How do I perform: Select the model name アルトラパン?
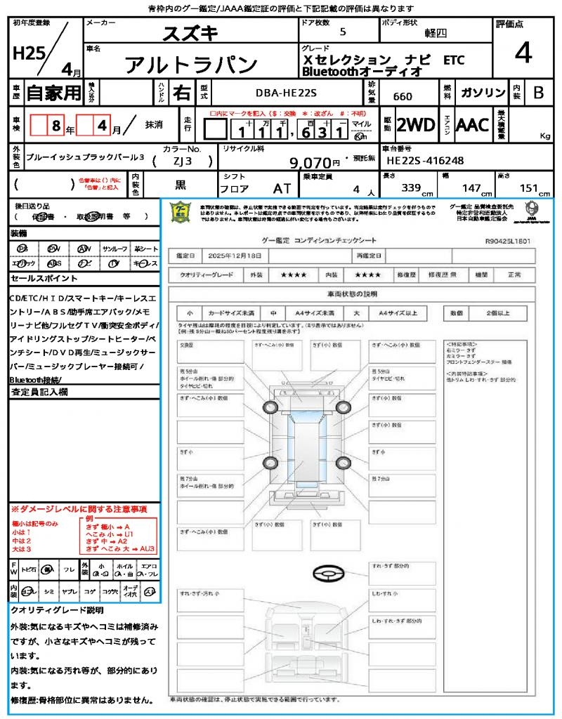pyautogui.click(x=191, y=65)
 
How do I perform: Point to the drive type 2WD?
pyautogui.click(x=415, y=125)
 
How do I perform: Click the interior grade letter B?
pyautogui.click(x=537, y=93)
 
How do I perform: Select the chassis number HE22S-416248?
pyautogui.click(x=425, y=161)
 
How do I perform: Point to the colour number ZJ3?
pyautogui.click(x=182, y=161)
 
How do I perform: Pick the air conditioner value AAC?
pyautogui.click(x=472, y=125)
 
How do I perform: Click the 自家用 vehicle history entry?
pyautogui.click(x=54, y=93)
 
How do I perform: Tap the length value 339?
pyautogui.click(x=411, y=187)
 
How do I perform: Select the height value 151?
pyautogui.click(x=528, y=187)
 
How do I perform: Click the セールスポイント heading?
pyautogui.click(x=37, y=279)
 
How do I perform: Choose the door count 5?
pyautogui.click(x=342, y=32)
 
